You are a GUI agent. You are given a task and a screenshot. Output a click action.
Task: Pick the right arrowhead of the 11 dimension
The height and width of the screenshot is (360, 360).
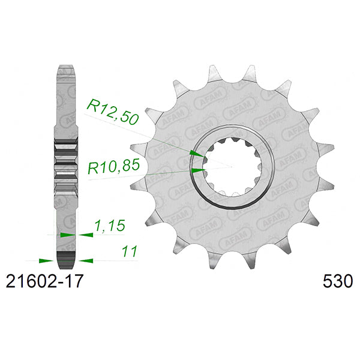click(87, 261)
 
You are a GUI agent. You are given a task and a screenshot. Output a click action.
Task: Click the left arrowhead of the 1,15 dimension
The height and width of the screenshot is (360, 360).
click(65, 235)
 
